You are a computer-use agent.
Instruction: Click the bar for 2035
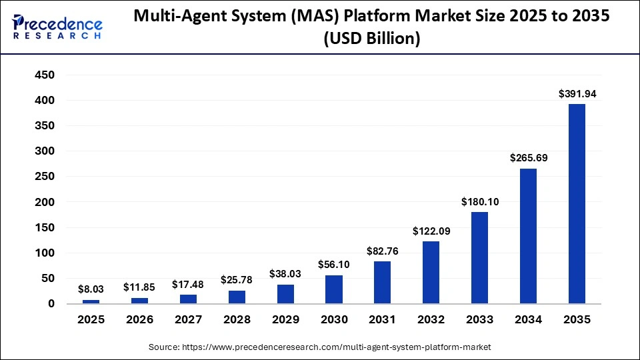(577, 204)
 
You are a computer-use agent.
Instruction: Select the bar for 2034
(529, 236)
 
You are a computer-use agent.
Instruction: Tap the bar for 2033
(480, 258)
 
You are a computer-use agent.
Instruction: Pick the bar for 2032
(431, 273)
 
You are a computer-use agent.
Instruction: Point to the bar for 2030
(334, 289)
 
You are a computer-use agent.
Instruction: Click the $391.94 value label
(577, 94)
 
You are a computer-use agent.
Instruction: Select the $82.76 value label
(383, 251)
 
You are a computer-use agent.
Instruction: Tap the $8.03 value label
(91, 289)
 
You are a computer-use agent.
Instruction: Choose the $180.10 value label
(480, 202)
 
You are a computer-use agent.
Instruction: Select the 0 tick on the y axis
(51, 304)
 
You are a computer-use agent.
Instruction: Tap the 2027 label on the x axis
(189, 320)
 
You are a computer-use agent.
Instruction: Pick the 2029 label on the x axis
(285, 320)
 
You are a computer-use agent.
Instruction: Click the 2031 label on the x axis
(383, 320)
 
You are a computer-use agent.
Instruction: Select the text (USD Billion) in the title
(371, 39)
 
